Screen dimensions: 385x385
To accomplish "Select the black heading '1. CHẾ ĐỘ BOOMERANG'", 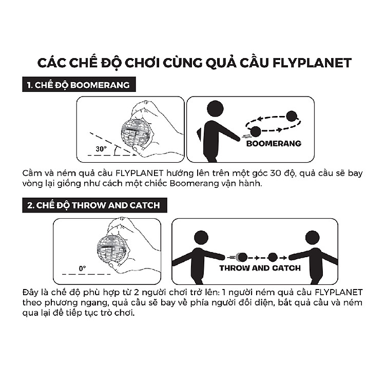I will (74, 85).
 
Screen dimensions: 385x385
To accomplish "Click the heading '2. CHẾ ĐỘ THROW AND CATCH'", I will (93, 205).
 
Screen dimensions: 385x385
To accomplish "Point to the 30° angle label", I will (101, 149).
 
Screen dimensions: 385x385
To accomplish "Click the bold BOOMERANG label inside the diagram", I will (274, 143).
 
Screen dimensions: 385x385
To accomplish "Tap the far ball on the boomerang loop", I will (292, 116).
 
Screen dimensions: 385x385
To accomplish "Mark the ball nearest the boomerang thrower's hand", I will (255, 132).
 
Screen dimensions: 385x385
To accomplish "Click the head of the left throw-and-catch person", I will (201, 237).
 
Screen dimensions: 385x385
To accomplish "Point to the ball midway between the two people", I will (273, 257).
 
